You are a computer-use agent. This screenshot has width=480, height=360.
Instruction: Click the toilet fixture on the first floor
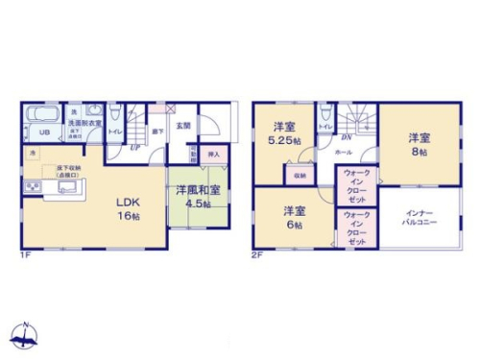pos(115,112)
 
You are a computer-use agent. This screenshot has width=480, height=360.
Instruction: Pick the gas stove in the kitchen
pos(30,186)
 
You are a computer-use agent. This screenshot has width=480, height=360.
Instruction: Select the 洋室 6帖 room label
pos(294,217)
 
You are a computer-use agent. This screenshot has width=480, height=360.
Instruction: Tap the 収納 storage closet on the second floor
pos(300,175)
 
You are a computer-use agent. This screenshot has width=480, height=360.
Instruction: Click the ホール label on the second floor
pos(343,152)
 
